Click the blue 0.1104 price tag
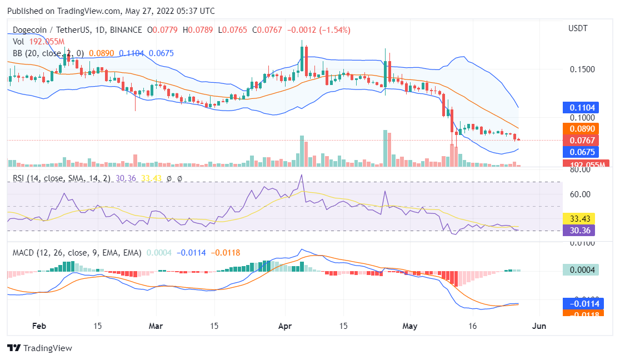581,108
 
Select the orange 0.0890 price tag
581,129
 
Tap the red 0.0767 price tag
581,141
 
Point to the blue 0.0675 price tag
581,152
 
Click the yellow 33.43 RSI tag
581,218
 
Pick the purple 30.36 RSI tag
581,229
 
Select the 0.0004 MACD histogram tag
581,270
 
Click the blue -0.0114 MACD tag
581,304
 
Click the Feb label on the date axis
38,326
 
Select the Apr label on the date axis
285,326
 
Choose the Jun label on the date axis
538,326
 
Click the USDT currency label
578,28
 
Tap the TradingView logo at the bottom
40,348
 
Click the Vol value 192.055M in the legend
46,42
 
